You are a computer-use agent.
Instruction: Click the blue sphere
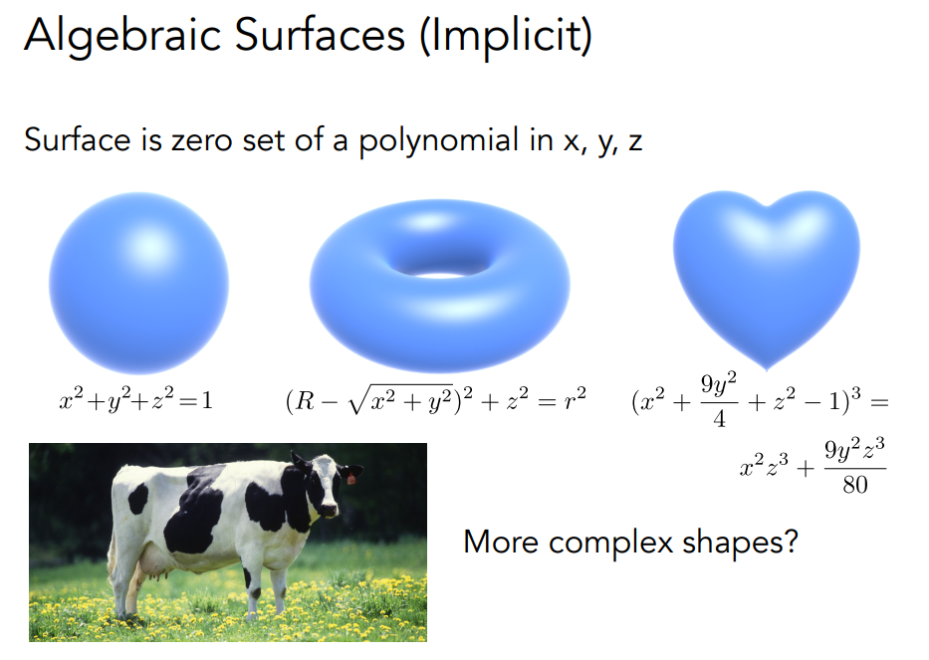(138, 283)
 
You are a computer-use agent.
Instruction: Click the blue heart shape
(766, 269)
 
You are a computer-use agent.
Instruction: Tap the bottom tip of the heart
(767, 364)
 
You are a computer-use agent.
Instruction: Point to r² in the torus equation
(574, 400)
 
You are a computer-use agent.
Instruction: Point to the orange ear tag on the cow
(350, 479)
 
